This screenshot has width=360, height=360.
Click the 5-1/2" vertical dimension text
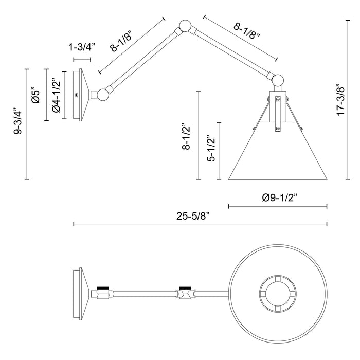209,150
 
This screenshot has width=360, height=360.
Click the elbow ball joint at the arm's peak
184,27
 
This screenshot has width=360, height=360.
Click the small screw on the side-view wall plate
77,95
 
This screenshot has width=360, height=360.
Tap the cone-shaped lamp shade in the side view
278,154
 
